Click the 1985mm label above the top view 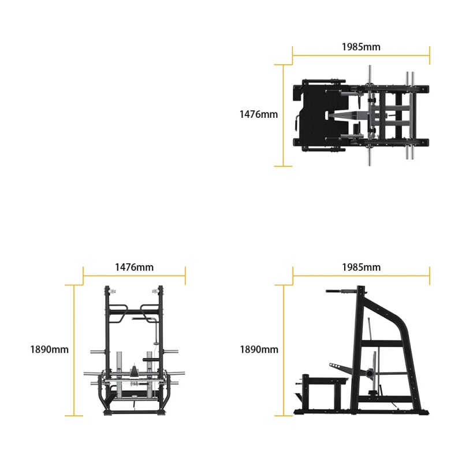tap(361, 47)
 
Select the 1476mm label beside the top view tap(258, 114)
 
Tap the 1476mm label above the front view tap(134, 267)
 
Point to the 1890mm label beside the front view tap(49, 349)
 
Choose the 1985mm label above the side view tap(361, 267)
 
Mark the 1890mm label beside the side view tap(259, 349)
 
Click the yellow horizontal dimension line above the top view tap(361, 56)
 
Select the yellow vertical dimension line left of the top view tap(283, 115)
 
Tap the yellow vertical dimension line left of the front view tap(74, 350)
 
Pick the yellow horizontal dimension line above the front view tap(134, 276)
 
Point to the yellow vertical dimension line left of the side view tap(283, 350)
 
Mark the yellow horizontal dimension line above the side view tap(361, 276)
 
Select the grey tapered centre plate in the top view tap(346, 115)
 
